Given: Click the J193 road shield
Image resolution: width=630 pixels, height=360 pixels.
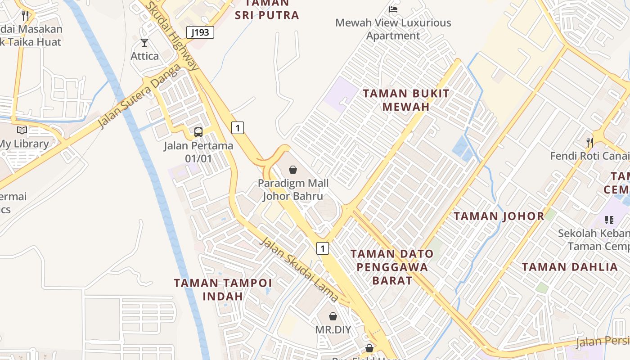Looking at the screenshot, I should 200,32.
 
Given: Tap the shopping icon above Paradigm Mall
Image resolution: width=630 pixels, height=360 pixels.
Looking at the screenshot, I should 293,170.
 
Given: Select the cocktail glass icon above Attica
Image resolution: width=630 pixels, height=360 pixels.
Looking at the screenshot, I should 144,43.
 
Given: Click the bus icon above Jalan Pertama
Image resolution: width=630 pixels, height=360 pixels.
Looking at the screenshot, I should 198,132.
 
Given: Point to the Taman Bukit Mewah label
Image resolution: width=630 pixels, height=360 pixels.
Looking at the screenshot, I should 406,100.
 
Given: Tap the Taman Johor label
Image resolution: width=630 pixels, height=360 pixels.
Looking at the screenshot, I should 499,216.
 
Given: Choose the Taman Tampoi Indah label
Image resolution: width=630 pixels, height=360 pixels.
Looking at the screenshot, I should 223,289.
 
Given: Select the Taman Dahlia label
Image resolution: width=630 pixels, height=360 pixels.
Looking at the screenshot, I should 570,267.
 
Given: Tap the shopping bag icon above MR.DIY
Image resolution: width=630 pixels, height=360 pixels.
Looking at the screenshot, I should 333,316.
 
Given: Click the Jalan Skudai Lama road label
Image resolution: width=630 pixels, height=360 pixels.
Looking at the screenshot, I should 299,269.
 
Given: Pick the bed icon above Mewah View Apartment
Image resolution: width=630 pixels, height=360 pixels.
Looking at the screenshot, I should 393,9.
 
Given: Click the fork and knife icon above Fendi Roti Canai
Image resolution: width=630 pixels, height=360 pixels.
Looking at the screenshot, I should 589,142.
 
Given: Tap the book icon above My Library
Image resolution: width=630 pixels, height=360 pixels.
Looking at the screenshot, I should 22,130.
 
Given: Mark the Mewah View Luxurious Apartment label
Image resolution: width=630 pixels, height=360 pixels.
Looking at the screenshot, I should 393,29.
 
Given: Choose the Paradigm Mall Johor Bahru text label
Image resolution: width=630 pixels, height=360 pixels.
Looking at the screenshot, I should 293,189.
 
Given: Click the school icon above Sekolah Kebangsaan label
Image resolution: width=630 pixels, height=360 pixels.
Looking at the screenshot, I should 609,220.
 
